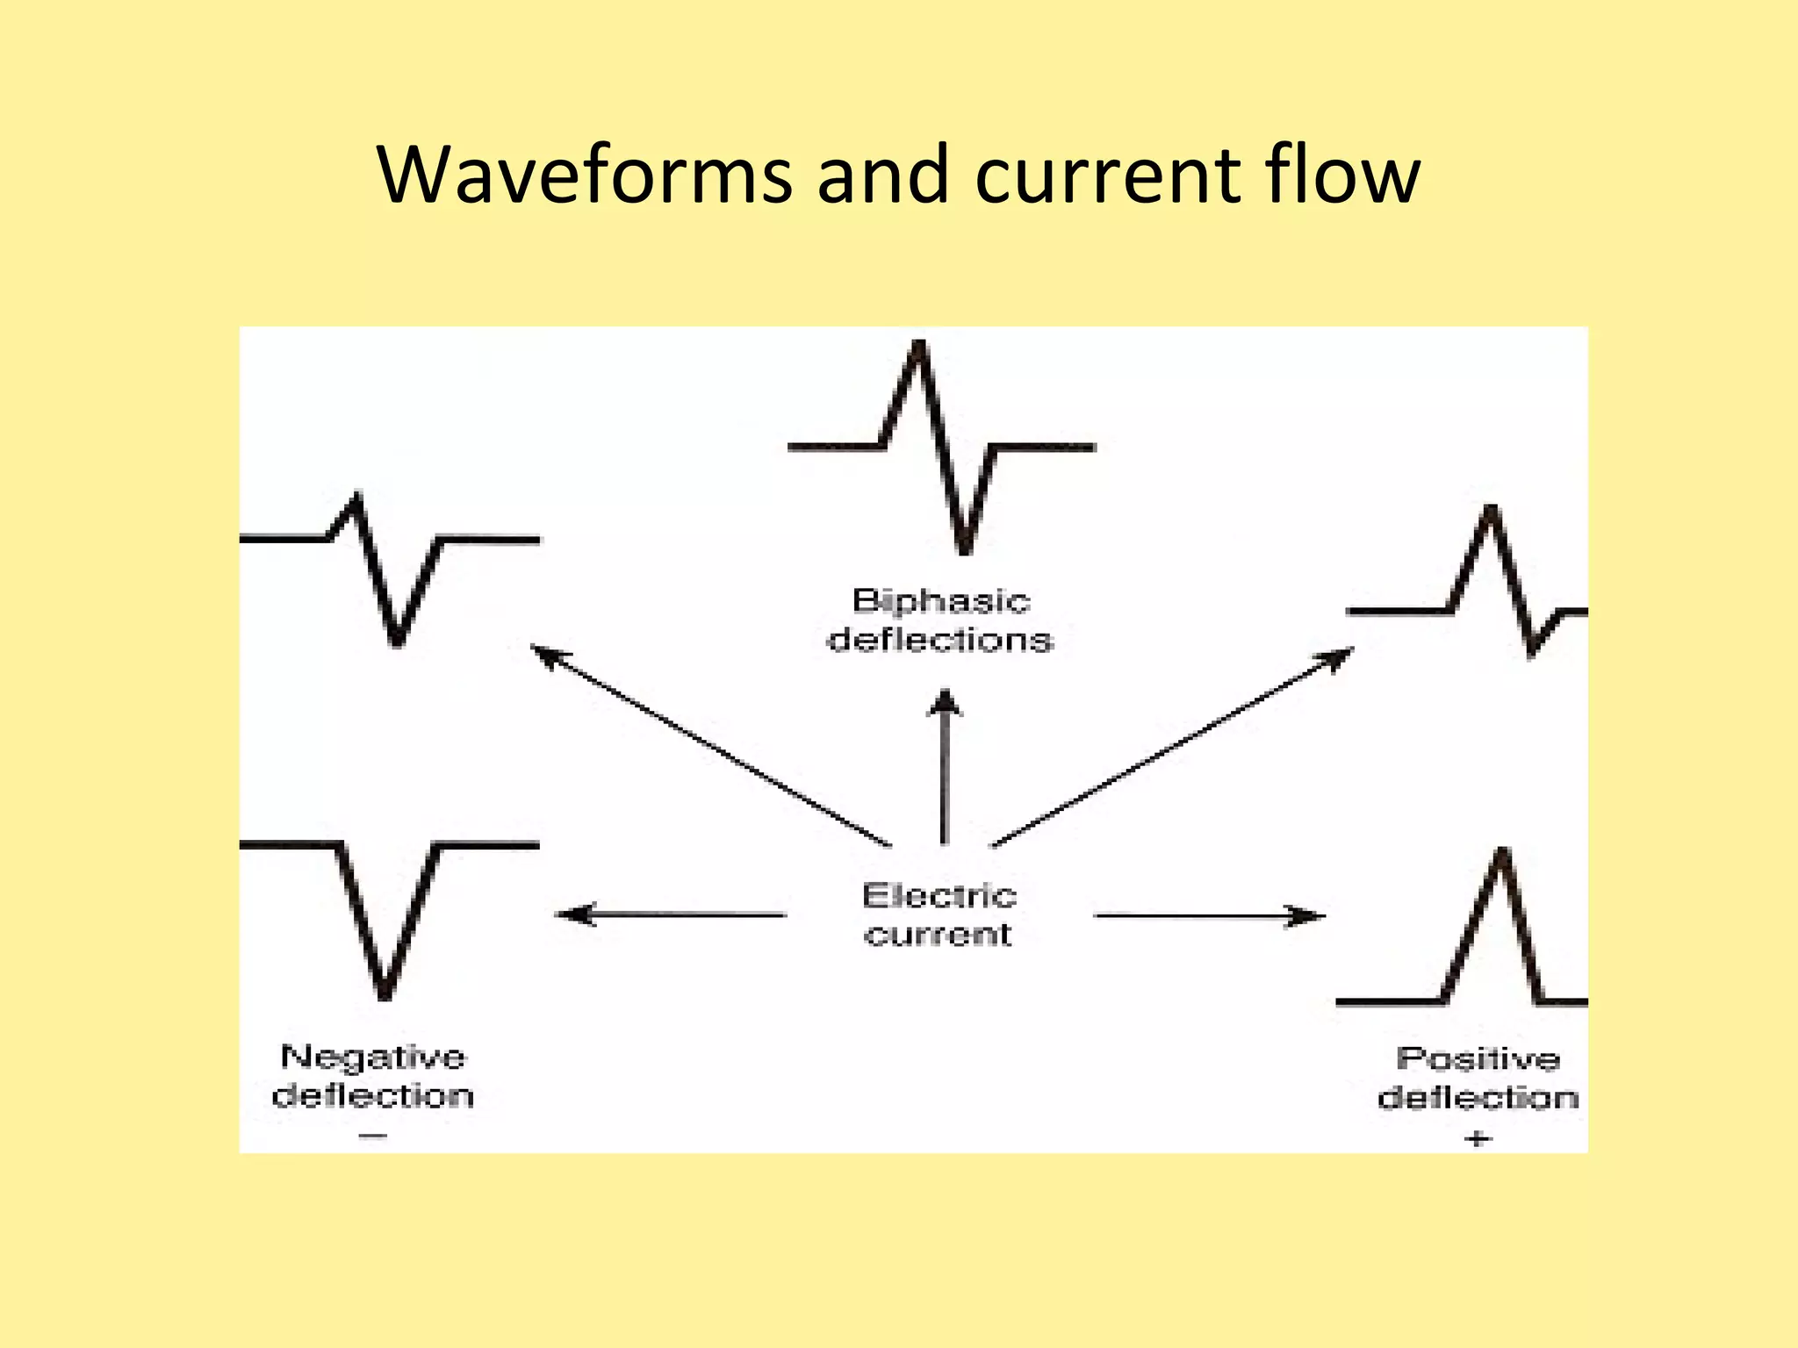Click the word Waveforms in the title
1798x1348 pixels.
pyautogui.click(x=585, y=175)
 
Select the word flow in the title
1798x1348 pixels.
pyautogui.click(x=1342, y=175)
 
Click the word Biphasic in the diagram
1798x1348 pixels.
pyautogui.click(x=940, y=601)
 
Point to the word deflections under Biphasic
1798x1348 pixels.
pyautogui.click(x=940, y=640)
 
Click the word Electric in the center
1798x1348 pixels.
pyautogui.click(x=939, y=896)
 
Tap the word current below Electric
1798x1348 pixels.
pyautogui.click(x=938, y=935)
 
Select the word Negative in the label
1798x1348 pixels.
pyautogui.click(x=373, y=1057)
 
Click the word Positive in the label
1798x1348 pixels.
pyautogui.click(x=1478, y=1058)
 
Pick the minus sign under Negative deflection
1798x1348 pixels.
pyautogui.click(x=373, y=1136)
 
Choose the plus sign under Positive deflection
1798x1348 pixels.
pyautogui.click(x=1478, y=1139)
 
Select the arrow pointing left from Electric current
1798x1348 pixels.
pyautogui.click(x=672, y=915)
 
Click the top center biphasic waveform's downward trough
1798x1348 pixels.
pyautogui.click(x=965, y=549)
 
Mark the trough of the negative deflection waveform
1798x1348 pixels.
pyautogui.click(x=385, y=993)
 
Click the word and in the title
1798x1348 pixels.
pyautogui.click(x=883, y=175)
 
